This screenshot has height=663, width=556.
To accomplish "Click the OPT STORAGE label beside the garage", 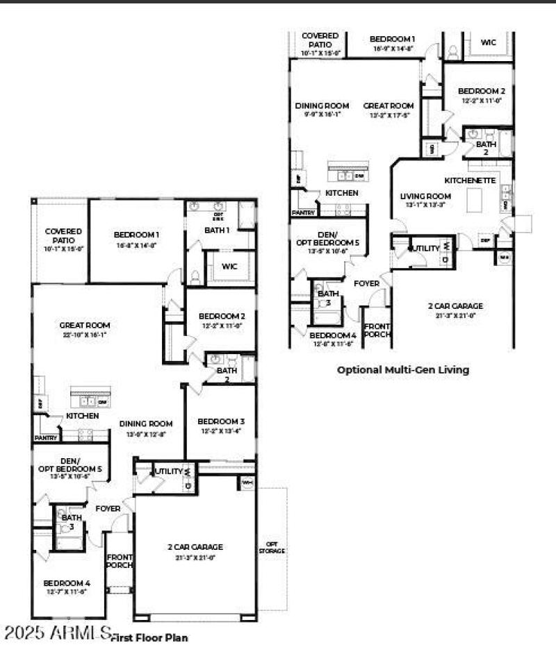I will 272,547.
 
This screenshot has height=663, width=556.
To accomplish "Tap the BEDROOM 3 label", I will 220,421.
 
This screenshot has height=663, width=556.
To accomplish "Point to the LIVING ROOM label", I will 425,196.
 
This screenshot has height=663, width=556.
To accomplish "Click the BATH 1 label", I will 217,230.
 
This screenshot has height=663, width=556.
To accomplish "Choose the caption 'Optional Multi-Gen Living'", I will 402,370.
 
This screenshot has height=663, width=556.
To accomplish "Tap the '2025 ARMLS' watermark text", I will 58,633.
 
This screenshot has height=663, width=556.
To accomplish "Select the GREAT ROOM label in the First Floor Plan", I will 85,325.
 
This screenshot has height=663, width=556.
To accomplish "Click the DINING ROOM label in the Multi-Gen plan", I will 322,106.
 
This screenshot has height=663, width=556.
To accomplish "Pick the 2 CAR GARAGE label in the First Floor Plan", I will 195,547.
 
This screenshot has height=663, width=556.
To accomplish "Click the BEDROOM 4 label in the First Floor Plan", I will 67,583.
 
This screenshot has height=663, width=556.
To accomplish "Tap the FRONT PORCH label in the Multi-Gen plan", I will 377,330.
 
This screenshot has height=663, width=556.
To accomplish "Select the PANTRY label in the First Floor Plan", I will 46,438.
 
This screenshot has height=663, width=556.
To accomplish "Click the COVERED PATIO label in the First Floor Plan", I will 63,235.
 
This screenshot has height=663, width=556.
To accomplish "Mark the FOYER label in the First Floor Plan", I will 108,509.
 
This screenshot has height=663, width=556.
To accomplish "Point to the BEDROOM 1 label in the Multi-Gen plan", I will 393,39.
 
